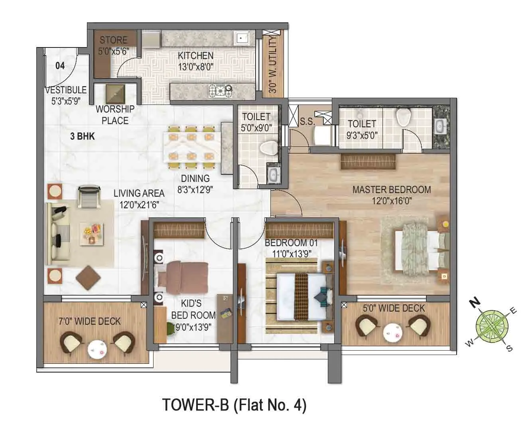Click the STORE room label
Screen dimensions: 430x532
tap(114, 40)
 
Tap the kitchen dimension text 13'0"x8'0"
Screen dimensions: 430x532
tap(195, 67)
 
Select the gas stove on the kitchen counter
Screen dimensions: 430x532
tap(220, 91)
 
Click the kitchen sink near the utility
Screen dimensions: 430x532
tap(242, 38)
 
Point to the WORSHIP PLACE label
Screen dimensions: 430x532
tap(115, 114)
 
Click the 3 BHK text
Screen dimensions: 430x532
tap(83, 136)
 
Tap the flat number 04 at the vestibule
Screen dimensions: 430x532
tap(60, 65)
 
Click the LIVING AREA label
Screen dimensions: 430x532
tap(139, 193)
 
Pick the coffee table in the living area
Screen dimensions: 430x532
tap(91, 233)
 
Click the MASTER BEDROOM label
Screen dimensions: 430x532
tap(391, 189)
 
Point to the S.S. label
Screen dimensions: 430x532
tap(307, 122)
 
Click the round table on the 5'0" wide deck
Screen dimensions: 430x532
tap(391, 331)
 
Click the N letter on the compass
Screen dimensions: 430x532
tap(474, 303)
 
